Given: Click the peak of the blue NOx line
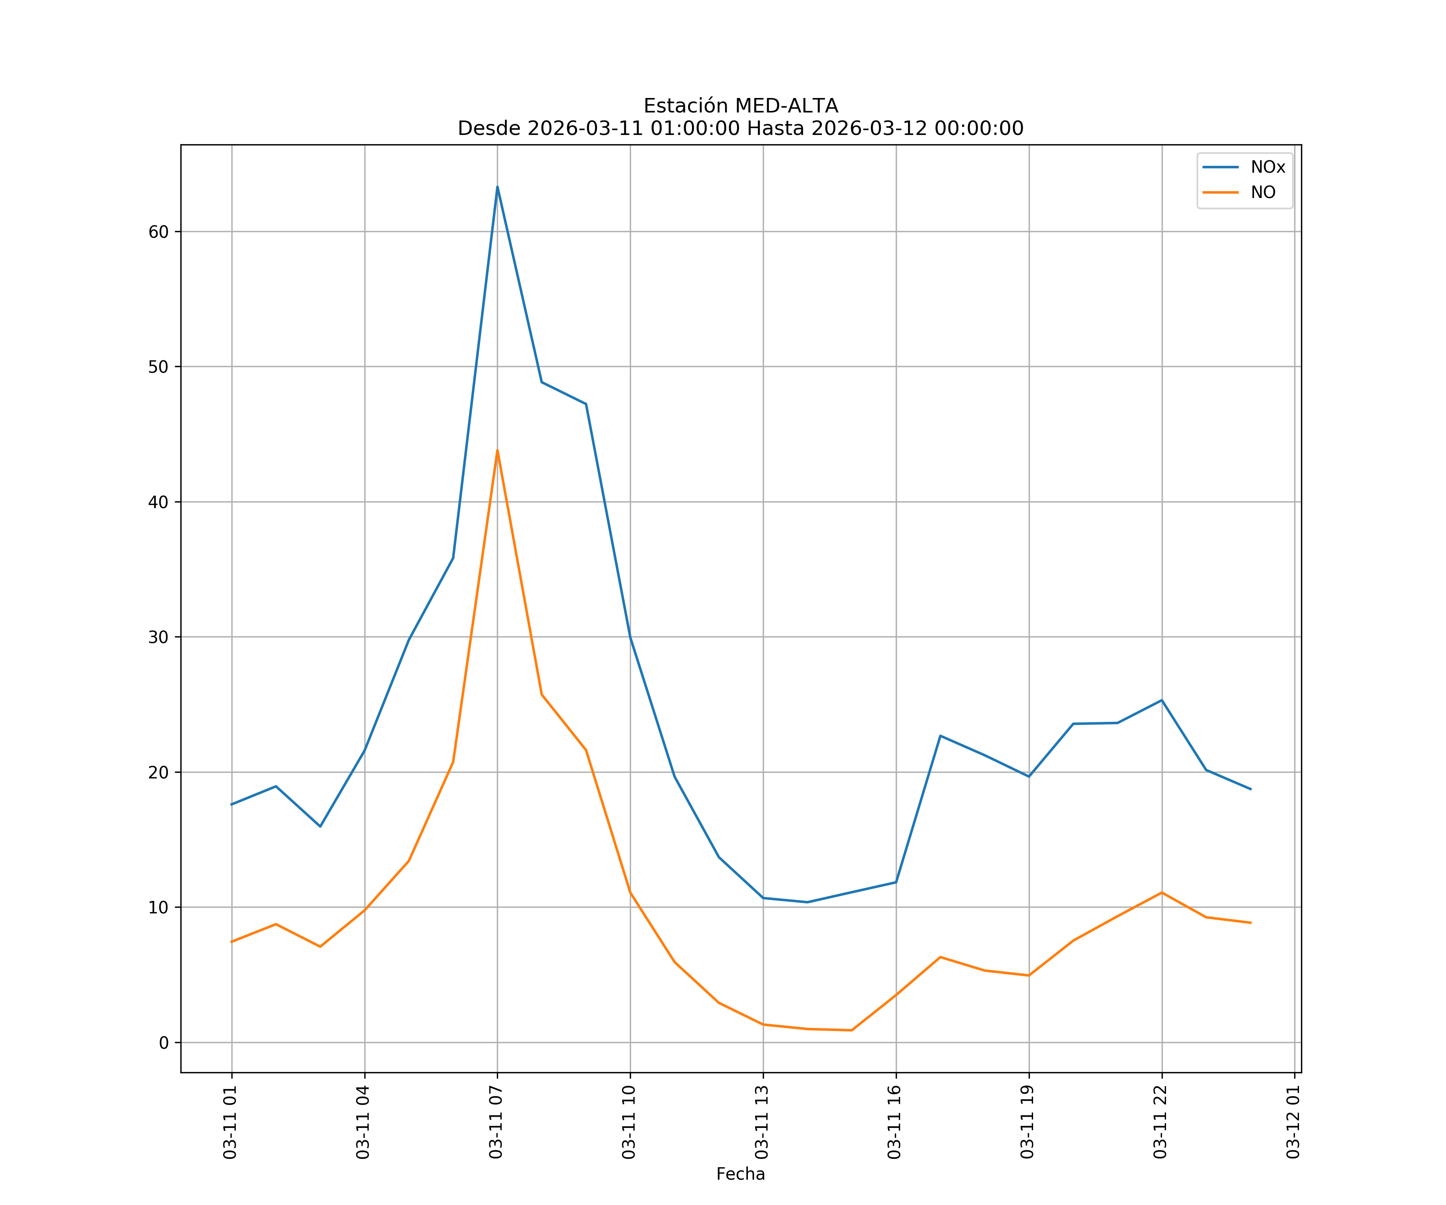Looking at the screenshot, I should tap(497, 187).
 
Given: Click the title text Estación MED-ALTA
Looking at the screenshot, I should tap(740, 106).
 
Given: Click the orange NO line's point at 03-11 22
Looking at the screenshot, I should tap(1162, 893).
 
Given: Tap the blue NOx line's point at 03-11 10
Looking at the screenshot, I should tap(630, 637).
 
